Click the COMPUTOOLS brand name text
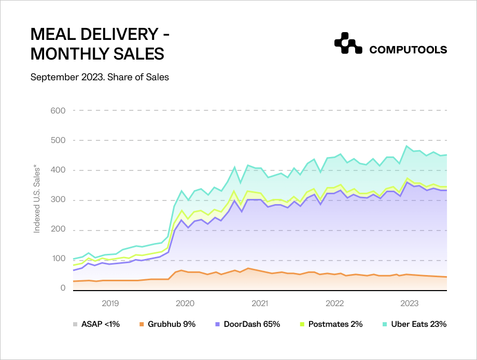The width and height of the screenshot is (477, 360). (408, 50)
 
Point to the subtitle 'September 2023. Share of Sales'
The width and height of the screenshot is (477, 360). (100, 77)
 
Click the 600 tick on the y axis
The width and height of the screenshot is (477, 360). (58, 110)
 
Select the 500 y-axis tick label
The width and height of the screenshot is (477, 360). (58, 140)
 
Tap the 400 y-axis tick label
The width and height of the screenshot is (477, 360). (58, 170)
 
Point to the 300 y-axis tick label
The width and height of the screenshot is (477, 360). (58, 200)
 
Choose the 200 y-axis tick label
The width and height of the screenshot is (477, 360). (58, 231)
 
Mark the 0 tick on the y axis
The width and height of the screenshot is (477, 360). (63, 288)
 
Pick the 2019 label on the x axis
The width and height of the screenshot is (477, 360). (110, 303)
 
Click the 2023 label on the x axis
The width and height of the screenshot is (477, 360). (410, 303)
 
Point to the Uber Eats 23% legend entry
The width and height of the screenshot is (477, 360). (415, 324)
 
